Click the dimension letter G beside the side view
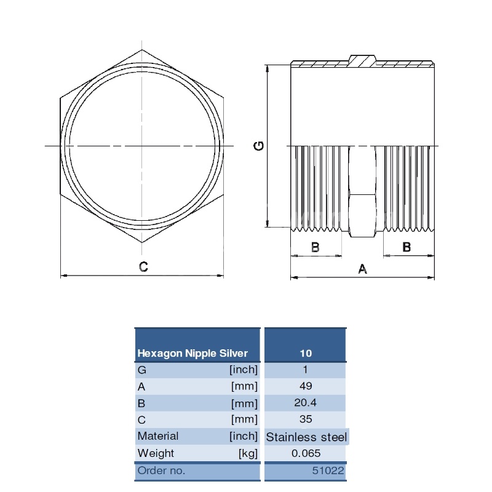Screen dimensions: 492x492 pyautogui.click(x=259, y=146)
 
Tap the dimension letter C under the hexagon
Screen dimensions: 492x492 pyautogui.click(x=143, y=267)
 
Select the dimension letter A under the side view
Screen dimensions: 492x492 pyautogui.click(x=362, y=269)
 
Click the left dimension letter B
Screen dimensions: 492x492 pyautogui.click(x=315, y=247)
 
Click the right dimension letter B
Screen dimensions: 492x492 pyautogui.click(x=407, y=247)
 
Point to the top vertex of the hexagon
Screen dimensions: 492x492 pyautogui.click(x=142, y=50)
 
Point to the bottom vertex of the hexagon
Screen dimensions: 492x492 pyautogui.click(x=142, y=242)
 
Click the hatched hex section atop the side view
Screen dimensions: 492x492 pyautogui.click(x=362, y=61)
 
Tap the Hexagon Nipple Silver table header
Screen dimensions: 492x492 pyautogui.click(x=192, y=353)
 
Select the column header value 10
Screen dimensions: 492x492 pyautogui.click(x=306, y=353)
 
